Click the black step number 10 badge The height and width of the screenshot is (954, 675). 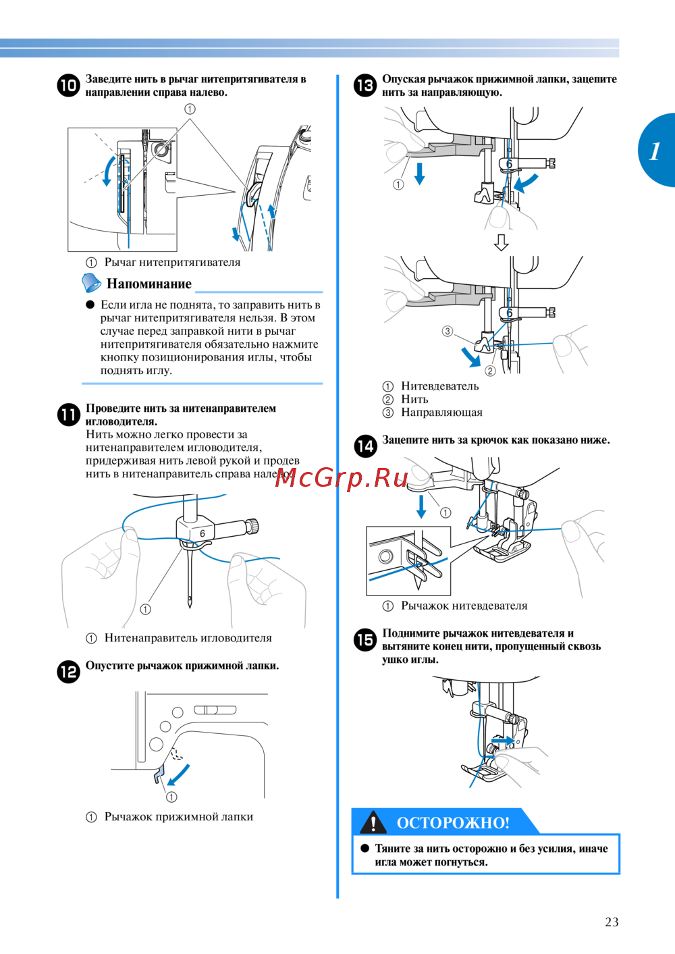(x=68, y=86)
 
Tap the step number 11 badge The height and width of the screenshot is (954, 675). (x=68, y=415)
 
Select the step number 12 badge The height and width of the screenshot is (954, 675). (x=68, y=672)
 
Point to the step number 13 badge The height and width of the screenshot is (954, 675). (x=365, y=86)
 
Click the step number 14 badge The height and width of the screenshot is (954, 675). (x=365, y=446)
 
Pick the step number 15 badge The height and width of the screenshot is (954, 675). (x=365, y=639)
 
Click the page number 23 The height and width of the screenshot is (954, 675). (x=612, y=922)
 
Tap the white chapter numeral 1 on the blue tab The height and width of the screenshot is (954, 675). (x=655, y=151)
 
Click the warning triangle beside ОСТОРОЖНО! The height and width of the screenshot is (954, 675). (x=373, y=822)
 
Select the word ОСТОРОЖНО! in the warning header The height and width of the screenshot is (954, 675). (x=453, y=823)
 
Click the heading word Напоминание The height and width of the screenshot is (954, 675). (x=149, y=284)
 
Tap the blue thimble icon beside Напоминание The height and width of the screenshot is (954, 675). (x=91, y=282)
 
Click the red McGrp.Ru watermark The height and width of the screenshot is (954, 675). (x=342, y=478)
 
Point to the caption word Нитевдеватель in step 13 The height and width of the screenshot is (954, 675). (x=440, y=386)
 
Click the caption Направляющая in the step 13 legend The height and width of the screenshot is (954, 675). (x=441, y=413)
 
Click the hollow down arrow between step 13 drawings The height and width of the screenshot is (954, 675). (x=501, y=242)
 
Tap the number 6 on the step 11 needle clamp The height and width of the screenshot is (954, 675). (x=202, y=533)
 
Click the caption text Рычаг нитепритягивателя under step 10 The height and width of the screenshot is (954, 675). (x=172, y=263)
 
